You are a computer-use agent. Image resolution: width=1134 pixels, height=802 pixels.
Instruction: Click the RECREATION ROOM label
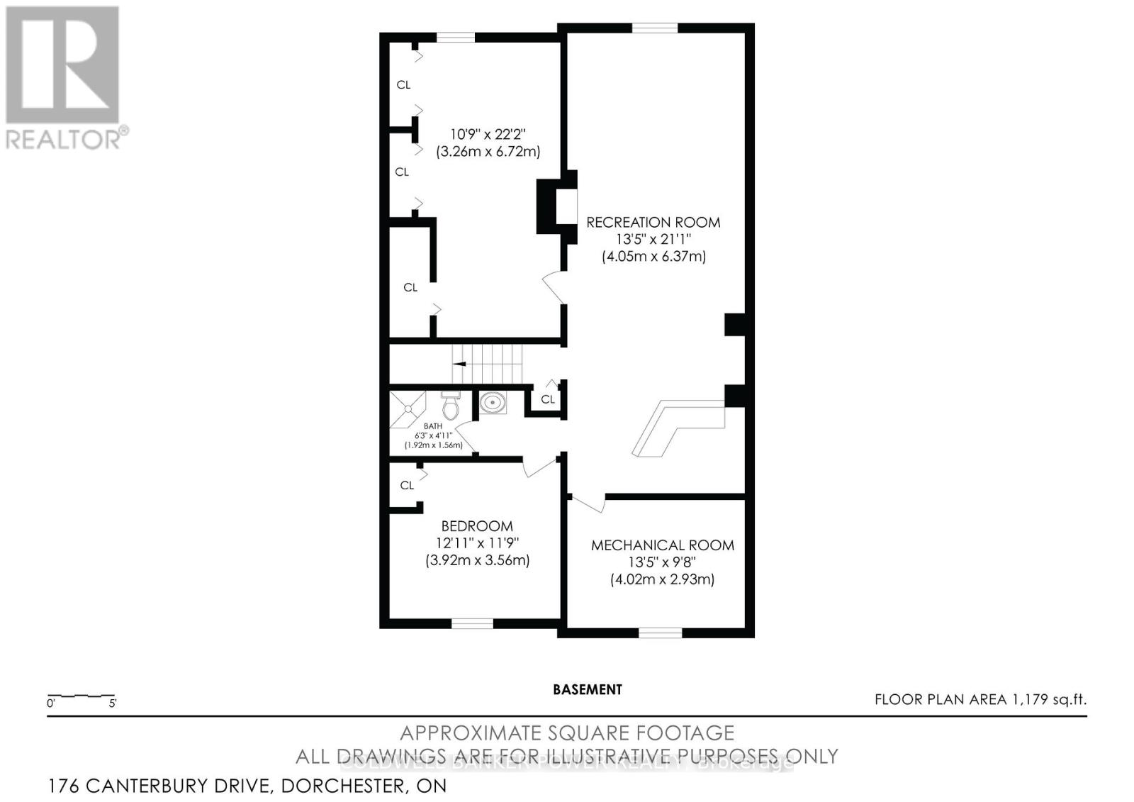point(653,223)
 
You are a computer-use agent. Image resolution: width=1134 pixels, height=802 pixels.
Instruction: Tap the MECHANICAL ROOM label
point(663,545)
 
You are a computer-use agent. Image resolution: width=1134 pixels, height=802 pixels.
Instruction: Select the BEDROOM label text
point(477,526)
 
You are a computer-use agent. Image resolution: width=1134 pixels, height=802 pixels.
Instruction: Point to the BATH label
point(433,426)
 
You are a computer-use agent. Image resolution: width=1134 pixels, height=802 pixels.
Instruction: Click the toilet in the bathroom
point(450,406)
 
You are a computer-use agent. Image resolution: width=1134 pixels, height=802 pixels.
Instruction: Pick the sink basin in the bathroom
point(490,403)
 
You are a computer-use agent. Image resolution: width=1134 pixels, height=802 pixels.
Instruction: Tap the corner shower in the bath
point(406,408)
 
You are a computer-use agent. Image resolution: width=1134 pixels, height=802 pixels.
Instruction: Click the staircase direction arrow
point(459,364)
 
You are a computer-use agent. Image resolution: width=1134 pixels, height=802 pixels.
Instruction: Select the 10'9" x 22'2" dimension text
point(488,134)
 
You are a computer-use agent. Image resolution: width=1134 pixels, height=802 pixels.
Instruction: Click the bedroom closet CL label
point(407,486)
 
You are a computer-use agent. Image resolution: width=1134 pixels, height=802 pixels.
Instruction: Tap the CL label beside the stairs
point(548,400)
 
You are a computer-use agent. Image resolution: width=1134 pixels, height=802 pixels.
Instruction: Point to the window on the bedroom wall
point(473,624)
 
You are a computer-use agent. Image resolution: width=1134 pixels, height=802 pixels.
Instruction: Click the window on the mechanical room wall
point(660,633)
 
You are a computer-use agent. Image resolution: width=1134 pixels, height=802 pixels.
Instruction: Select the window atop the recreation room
point(654,28)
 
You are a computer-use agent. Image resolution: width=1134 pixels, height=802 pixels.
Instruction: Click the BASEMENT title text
point(588,689)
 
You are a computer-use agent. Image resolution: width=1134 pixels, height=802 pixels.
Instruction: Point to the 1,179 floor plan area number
point(1031,700)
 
